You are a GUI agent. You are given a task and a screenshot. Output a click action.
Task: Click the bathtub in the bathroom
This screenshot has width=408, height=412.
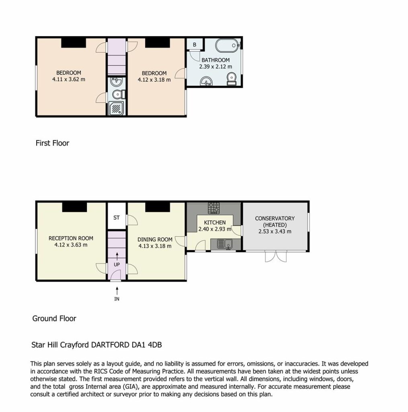point(228,45)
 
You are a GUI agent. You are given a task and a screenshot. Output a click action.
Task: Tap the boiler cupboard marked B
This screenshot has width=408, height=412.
point(195,44)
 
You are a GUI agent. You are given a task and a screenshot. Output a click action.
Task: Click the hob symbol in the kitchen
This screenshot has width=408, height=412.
point(214,208)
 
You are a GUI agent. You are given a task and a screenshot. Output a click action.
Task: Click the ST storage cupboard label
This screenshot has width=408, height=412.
point(117,218)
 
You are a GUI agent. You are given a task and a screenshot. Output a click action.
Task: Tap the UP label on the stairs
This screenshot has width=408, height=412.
point(117,265)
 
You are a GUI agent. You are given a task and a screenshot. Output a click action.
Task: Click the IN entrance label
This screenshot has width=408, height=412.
point(117,299)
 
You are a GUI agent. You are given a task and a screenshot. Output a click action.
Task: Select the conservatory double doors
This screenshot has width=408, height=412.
point(276,257)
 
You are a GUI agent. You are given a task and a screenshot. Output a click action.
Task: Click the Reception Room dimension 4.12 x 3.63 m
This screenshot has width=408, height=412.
point(71,245)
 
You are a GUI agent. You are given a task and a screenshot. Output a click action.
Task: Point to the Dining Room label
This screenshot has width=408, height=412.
point(155,239)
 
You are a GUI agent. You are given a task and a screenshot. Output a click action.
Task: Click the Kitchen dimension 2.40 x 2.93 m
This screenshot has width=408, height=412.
point(215,229)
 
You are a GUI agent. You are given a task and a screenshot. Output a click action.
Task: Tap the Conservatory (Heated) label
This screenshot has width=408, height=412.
point(275,222)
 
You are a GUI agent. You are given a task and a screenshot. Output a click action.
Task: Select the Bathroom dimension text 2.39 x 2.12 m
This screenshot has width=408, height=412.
point(215,67)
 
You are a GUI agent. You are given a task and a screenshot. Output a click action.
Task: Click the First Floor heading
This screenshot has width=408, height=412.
point(53,143)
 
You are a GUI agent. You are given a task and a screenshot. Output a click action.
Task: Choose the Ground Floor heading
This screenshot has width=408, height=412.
point(54,319)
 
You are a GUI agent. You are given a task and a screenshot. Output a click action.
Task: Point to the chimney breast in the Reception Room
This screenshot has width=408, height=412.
point(74,207)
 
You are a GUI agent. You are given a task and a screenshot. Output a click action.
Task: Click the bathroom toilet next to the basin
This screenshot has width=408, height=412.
point(232,79)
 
